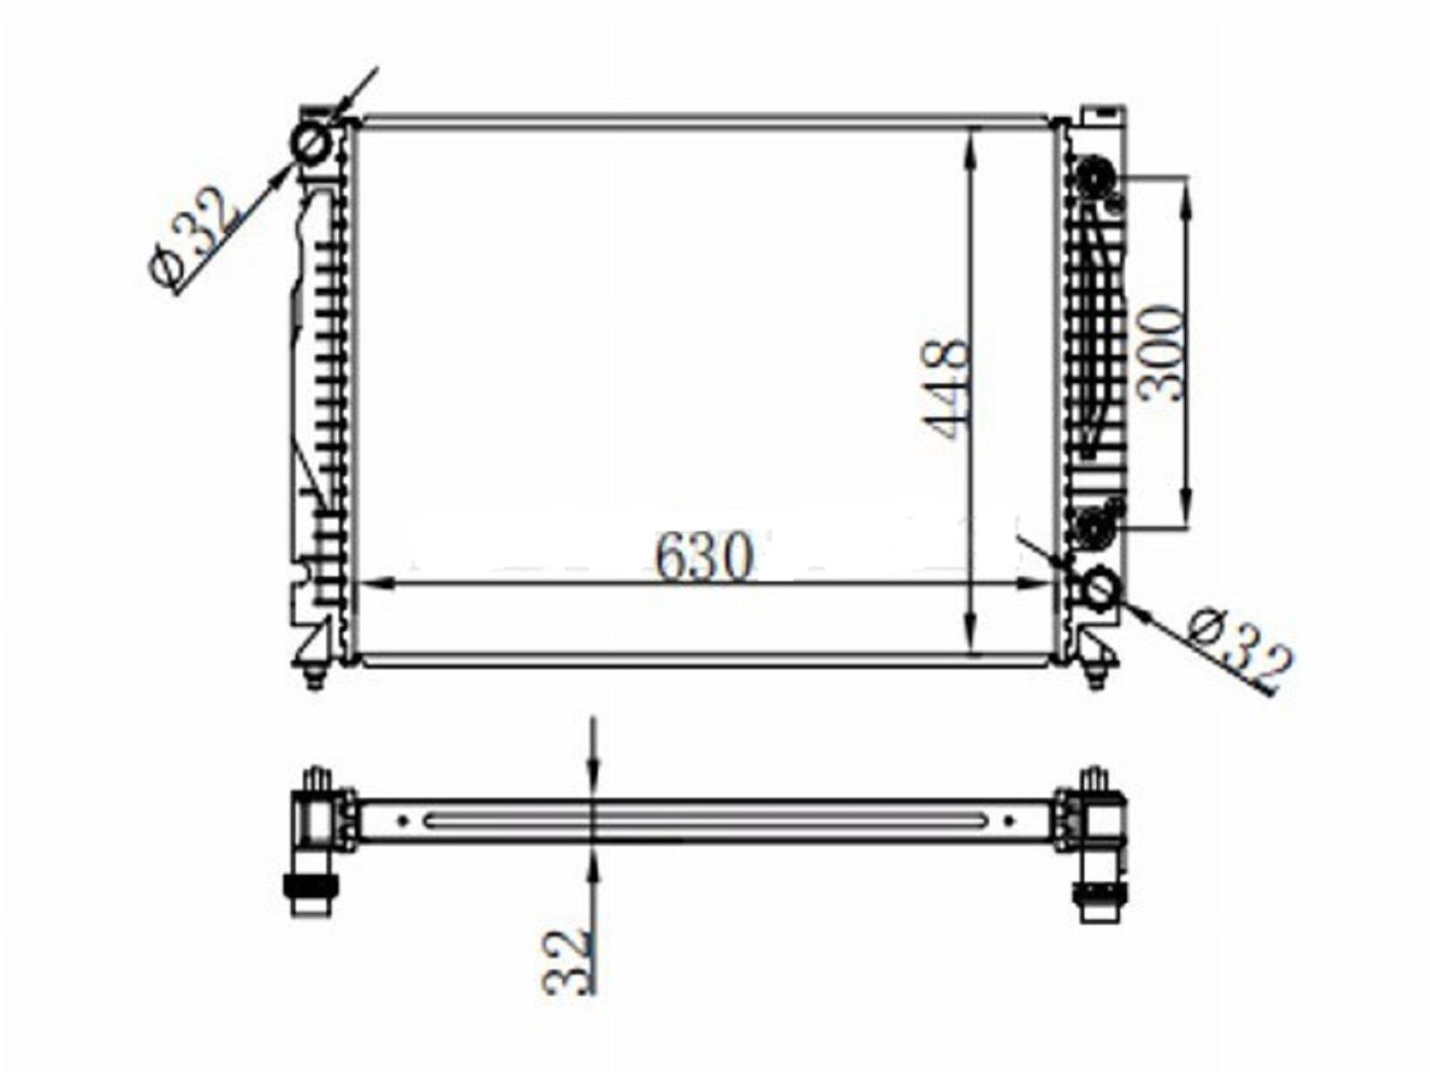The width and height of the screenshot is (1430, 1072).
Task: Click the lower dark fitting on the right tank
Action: click(x=1097, y=526)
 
